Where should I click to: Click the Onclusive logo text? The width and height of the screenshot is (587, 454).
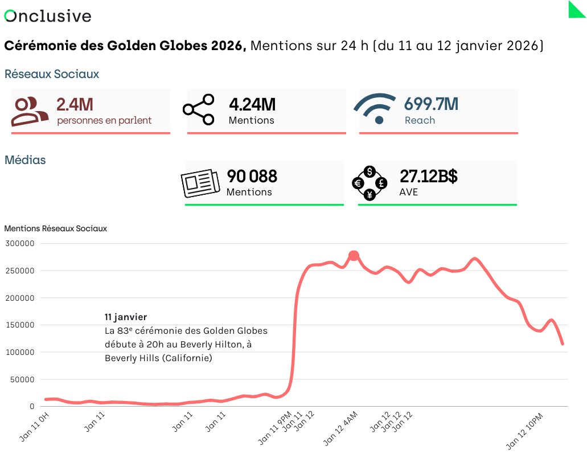[x=48, y=16]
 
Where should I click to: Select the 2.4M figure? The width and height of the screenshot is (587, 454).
[x=75, y=105]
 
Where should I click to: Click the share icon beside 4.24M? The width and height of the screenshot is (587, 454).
[x=198, y=109]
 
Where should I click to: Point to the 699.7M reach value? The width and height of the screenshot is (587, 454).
[x=431, y=105]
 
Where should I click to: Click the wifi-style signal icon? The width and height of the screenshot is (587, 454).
[x=375, y=108]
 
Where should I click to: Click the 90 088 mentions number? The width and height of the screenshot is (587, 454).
[x=252, y=177]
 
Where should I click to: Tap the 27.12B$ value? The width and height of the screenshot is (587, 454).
[x=428, y=177]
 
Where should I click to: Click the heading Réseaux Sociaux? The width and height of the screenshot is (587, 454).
[x=52, y=74]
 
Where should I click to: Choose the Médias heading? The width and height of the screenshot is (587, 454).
[x=25, y=160]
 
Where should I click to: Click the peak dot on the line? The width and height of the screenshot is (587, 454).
[x=354, y=256]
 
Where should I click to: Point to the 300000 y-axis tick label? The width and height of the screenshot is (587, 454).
[x=20, y=243]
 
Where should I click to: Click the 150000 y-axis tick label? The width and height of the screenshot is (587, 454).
[x=20, y=325]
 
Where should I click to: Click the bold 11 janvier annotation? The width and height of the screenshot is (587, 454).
[x=126, y=317]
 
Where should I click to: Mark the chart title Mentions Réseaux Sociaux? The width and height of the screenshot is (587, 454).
[x=55, y=228]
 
